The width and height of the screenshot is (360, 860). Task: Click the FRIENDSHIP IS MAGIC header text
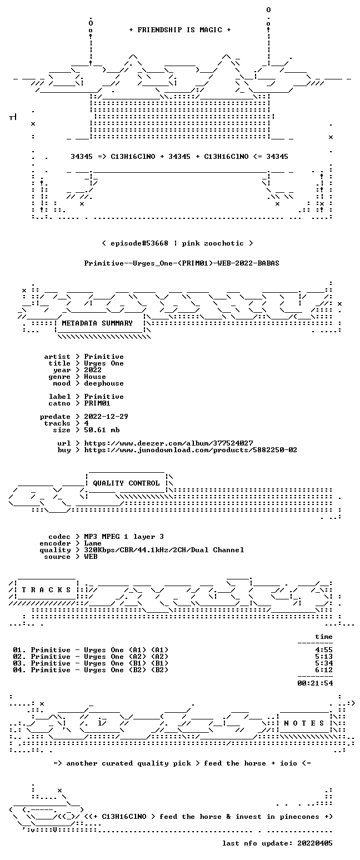180,30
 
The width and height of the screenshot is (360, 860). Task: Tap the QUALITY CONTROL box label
126,483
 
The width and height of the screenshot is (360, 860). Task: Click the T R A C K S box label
46,589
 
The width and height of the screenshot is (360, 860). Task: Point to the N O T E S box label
304,723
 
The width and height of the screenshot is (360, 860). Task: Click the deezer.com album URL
168,443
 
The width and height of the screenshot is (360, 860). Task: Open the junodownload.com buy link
191,450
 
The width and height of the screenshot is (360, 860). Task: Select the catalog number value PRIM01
97,403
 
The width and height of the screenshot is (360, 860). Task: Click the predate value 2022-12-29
106,417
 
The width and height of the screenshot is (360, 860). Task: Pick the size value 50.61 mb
102,430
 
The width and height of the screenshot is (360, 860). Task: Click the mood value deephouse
104,383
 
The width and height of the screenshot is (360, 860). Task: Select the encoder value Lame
92,543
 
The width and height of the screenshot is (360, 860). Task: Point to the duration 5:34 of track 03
324,663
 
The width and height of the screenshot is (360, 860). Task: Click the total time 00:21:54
315,683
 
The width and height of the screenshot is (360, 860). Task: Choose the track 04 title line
91,670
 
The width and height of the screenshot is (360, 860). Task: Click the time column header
324,637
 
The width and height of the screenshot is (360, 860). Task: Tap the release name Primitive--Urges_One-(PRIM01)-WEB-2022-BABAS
182,263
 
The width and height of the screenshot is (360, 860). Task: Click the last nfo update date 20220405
314,843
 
